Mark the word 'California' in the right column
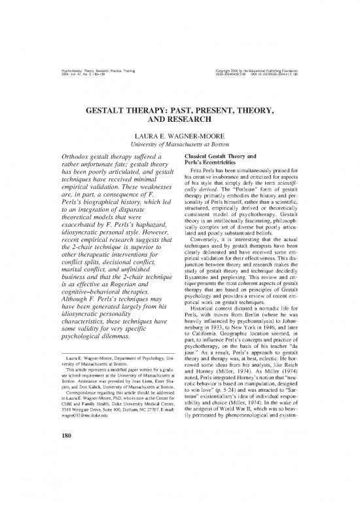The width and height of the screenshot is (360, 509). [x=215, y=349]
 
